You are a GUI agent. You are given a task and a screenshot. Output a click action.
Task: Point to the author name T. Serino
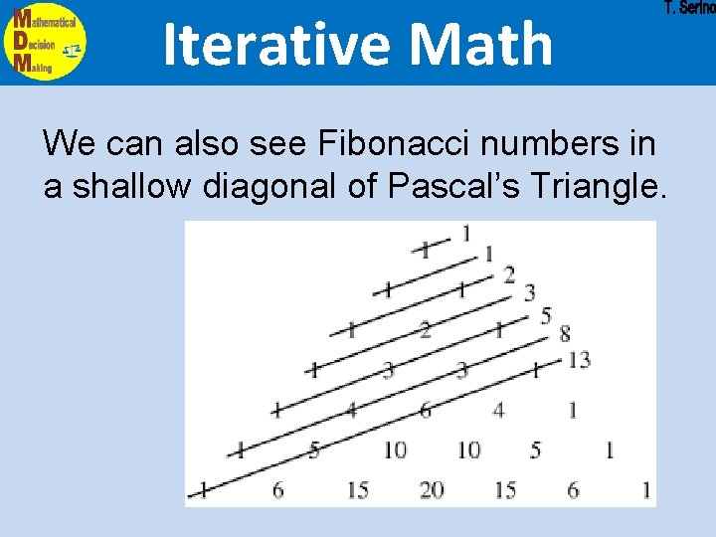pos(689,8)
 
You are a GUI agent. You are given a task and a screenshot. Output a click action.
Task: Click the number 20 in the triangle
pos(431,490)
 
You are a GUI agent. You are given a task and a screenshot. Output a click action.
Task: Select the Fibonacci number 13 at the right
pos(579,359)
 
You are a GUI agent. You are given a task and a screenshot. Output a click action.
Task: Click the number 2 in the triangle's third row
pos(426,330)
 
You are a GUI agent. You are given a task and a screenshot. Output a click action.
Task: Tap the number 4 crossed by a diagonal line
pos(350,410)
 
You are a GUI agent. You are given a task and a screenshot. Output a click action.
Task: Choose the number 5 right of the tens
pos(536,450)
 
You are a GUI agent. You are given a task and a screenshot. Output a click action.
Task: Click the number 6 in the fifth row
pos(425,410)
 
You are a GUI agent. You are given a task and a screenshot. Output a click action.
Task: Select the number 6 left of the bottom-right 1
pos(573,490)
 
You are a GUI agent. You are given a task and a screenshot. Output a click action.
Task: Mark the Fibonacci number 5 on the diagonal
pos(545,315)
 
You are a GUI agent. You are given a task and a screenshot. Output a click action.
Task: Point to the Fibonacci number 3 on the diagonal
pos(530,292)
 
